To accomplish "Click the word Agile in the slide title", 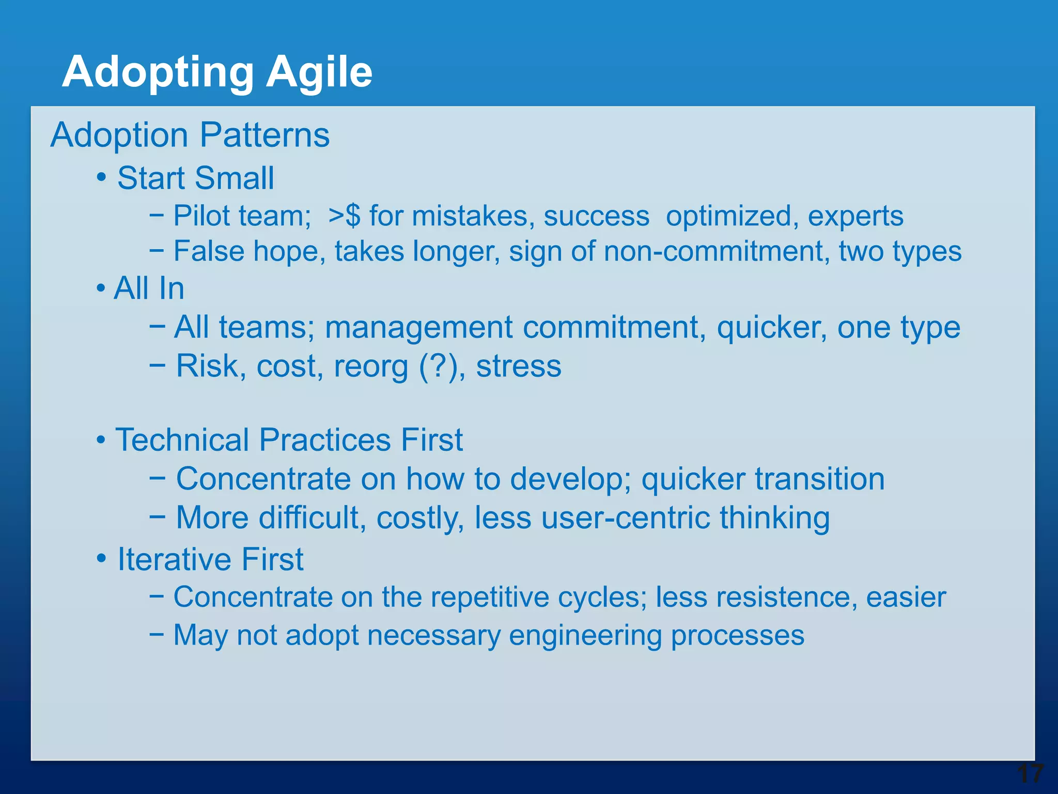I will pyautogui.click(x=319, y=72).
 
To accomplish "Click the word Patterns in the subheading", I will pyautogui.click(x=264, y=135).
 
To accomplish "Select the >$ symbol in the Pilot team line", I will pyautogui.click(x=344, y=216).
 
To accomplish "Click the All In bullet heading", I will pyautogui.click(x=149, y=288).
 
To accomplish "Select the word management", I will pyautogui.click(x=419, y=328).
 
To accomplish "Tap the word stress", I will pyautogui.click(x=518, y=366).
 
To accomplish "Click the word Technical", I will pyautogui.click(x=182, y=440).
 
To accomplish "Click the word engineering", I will pyautogui.click(x=585, y=636).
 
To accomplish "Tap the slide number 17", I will pyautogui.click(x=1030, y=774).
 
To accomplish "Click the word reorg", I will pyautogui.click(x=370, y=367).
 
